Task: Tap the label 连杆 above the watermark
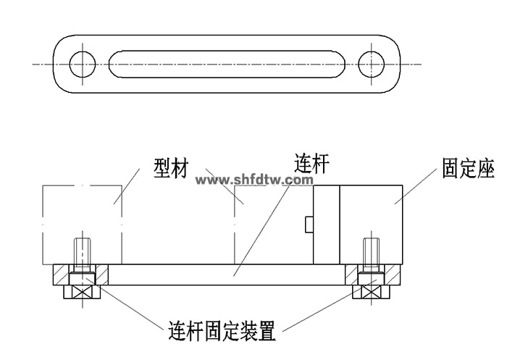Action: pos(311,164)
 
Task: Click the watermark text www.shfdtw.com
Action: pos(254,179)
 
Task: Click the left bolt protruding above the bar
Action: pos(82,251)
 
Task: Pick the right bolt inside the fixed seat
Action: pos(370,251)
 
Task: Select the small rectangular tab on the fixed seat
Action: pos(309,225)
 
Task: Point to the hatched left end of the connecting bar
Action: pos(61,275)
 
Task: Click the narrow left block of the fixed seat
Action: pos(325,223)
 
